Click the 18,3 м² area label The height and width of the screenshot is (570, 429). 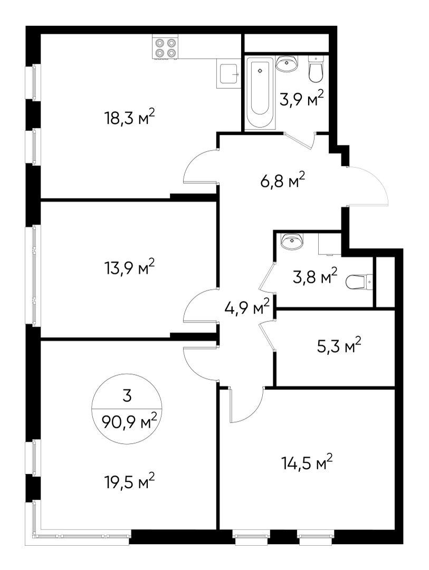(x=129, y=118)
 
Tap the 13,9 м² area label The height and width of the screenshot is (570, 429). (x=129, y=267)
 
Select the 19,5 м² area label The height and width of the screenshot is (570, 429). (x=129, y=481)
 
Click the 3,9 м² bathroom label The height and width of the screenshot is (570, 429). (x=301, y=99)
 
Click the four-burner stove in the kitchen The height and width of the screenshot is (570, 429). (x=165, y=47)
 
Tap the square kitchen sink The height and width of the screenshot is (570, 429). (x=227, y=74)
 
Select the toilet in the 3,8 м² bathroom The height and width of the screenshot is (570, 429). (x=358, y=282)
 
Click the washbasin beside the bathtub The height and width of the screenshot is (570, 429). (x=287, y=64)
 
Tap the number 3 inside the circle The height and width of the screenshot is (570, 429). (x=126, y=395)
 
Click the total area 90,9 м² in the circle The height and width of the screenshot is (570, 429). (x=126, y=422)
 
